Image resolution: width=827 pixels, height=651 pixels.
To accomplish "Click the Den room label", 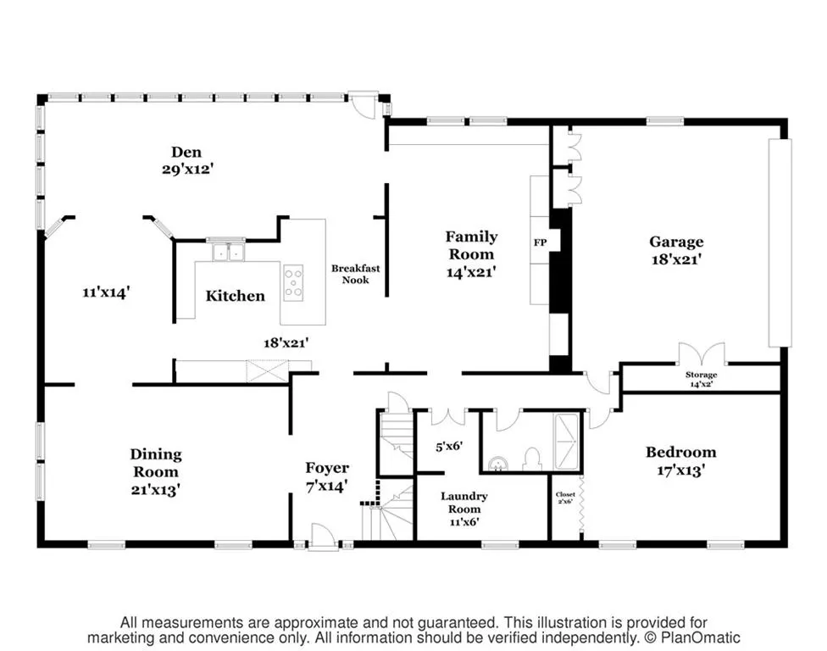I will (186, 152).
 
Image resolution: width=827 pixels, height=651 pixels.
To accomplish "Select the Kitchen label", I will (235, 296).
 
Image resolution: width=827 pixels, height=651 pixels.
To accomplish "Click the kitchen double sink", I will (226, 252).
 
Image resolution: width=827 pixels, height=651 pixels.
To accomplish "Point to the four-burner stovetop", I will (293, 282).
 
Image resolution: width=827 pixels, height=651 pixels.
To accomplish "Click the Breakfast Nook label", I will (355, 274).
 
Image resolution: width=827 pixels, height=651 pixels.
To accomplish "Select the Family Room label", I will (471, 246).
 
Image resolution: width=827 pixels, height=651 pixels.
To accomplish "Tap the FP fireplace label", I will (540, 243).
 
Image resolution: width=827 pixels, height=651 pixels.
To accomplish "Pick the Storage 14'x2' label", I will (701, 379).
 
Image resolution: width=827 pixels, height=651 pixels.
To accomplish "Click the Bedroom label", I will (680, 452).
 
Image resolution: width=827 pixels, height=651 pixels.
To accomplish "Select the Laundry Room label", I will (463, 503).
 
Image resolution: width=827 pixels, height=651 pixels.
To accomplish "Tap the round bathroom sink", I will (497, 463).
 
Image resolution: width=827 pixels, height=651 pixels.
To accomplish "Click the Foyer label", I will (327, 468).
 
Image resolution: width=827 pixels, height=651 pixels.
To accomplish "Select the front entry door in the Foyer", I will (322, 537).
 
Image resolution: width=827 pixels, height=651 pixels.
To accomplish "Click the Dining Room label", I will (155, 463).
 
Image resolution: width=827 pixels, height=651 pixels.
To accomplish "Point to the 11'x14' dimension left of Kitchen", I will (105, 292).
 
